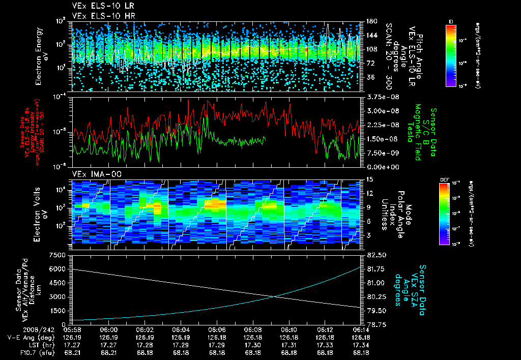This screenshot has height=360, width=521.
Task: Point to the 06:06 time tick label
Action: (217, 329)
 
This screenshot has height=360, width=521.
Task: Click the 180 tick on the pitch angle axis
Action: (371, 21)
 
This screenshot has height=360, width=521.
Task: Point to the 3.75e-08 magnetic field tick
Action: (381, 97)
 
